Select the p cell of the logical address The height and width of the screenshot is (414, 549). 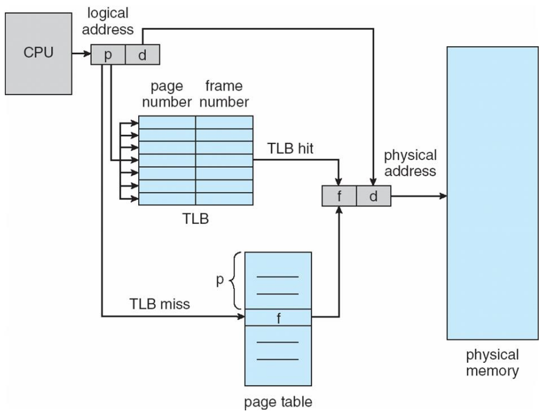coord(108,55)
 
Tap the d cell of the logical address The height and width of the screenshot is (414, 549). coord(142,55)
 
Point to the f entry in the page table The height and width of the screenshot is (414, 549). coord(278,317)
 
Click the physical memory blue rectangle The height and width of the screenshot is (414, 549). coord(492,193)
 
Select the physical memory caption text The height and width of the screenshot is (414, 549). coord(492,362)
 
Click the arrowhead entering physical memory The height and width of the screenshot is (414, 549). coord(442,196)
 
